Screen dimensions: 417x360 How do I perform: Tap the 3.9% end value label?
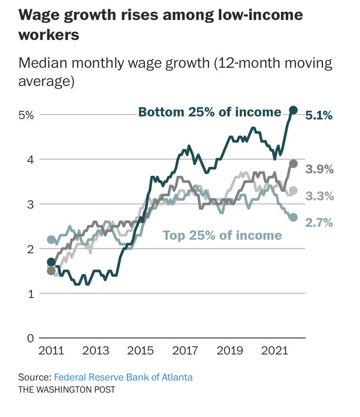320,169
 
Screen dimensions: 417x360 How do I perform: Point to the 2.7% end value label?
319,223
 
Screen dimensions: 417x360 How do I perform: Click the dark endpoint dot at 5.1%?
293,110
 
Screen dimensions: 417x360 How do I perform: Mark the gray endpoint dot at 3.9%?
293,163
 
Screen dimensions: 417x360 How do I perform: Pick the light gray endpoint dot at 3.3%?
293,190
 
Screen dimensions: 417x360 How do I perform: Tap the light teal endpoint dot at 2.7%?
293,217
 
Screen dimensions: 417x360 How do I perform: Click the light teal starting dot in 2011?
51,239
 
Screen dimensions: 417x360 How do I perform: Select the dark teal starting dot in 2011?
51,262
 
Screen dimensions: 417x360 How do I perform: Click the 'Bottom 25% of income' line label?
210,112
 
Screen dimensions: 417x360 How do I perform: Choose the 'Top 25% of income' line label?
222,235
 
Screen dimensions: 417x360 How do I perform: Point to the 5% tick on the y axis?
26,115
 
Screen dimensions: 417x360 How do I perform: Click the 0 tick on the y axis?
30,338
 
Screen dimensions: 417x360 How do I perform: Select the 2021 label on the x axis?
273,351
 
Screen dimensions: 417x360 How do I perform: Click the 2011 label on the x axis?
51,351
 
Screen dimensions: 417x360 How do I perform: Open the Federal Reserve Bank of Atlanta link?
123,377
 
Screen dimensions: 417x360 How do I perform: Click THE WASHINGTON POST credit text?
67,389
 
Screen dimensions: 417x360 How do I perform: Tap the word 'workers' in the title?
49,35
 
